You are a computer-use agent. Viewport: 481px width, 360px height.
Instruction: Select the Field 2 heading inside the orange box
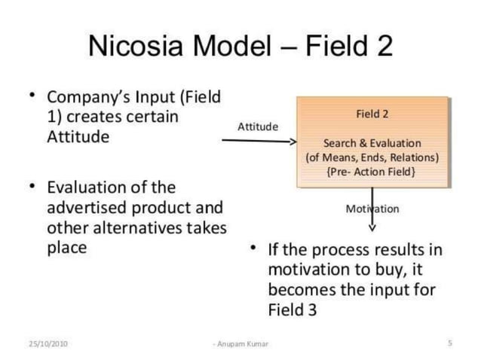click(x=372, y=114)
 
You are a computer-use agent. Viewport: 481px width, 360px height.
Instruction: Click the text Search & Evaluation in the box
click(x=372, y=143)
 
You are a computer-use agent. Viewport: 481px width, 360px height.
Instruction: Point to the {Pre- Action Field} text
click(x=372, y=172)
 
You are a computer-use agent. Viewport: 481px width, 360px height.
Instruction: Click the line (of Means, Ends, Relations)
click(x=372, y=157)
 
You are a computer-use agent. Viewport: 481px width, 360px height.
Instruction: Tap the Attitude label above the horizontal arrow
click(x=257, y=127)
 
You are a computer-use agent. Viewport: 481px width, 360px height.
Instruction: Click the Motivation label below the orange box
click(x=372, y=209)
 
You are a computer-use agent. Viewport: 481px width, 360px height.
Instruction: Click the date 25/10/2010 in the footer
click(x=47, y=343)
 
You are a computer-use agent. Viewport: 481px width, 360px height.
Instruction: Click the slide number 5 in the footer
click(x=449, y=343)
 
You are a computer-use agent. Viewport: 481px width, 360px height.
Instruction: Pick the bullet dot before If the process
click(x=254, y=249)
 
